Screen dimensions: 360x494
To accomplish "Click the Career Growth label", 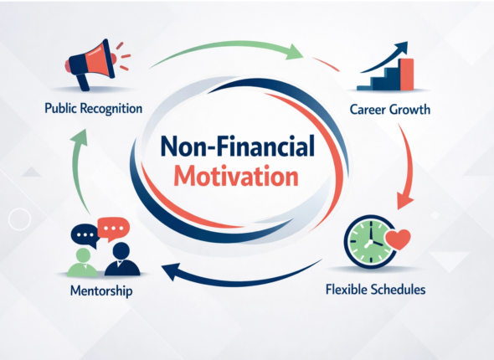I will click(x=390, y=109).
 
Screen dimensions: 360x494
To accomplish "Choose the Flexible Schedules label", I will click(x=375, y=290).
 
